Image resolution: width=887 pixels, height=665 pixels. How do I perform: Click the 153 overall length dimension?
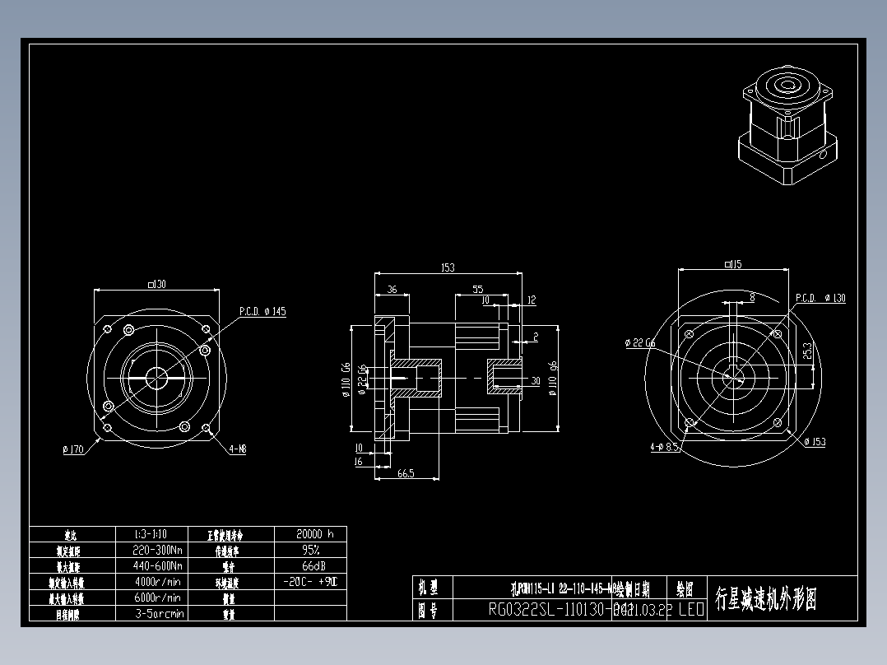pos(448,267)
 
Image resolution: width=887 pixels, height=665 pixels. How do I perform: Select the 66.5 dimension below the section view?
pos(405,474)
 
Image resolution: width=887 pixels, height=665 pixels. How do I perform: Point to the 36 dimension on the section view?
pos(392,290)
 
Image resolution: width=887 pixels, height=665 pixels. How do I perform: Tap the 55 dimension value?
pos(477,290)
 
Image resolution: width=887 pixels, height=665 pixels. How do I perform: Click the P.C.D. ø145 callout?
pos(262,312)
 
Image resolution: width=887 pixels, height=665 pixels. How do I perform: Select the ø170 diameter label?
pos(73,449)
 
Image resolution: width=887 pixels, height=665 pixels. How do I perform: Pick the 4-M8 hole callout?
pos(238,449)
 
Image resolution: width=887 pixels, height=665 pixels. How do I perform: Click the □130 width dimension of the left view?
pos(156,284)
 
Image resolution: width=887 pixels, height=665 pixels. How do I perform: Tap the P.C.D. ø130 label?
pos(820,298)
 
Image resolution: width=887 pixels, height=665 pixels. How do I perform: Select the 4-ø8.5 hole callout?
pos(664,448)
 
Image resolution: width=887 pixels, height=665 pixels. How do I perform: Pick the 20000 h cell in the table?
pos(309,533)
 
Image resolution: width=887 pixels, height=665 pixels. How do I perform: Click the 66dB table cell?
pos(309,566)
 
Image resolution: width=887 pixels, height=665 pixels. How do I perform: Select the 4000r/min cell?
pos(157,582)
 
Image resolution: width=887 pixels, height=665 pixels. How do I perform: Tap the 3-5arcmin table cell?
pos(159,613)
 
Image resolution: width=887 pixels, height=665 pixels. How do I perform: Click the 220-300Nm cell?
pos(157,550)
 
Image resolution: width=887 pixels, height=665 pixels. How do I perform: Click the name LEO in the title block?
pos(690,610)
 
